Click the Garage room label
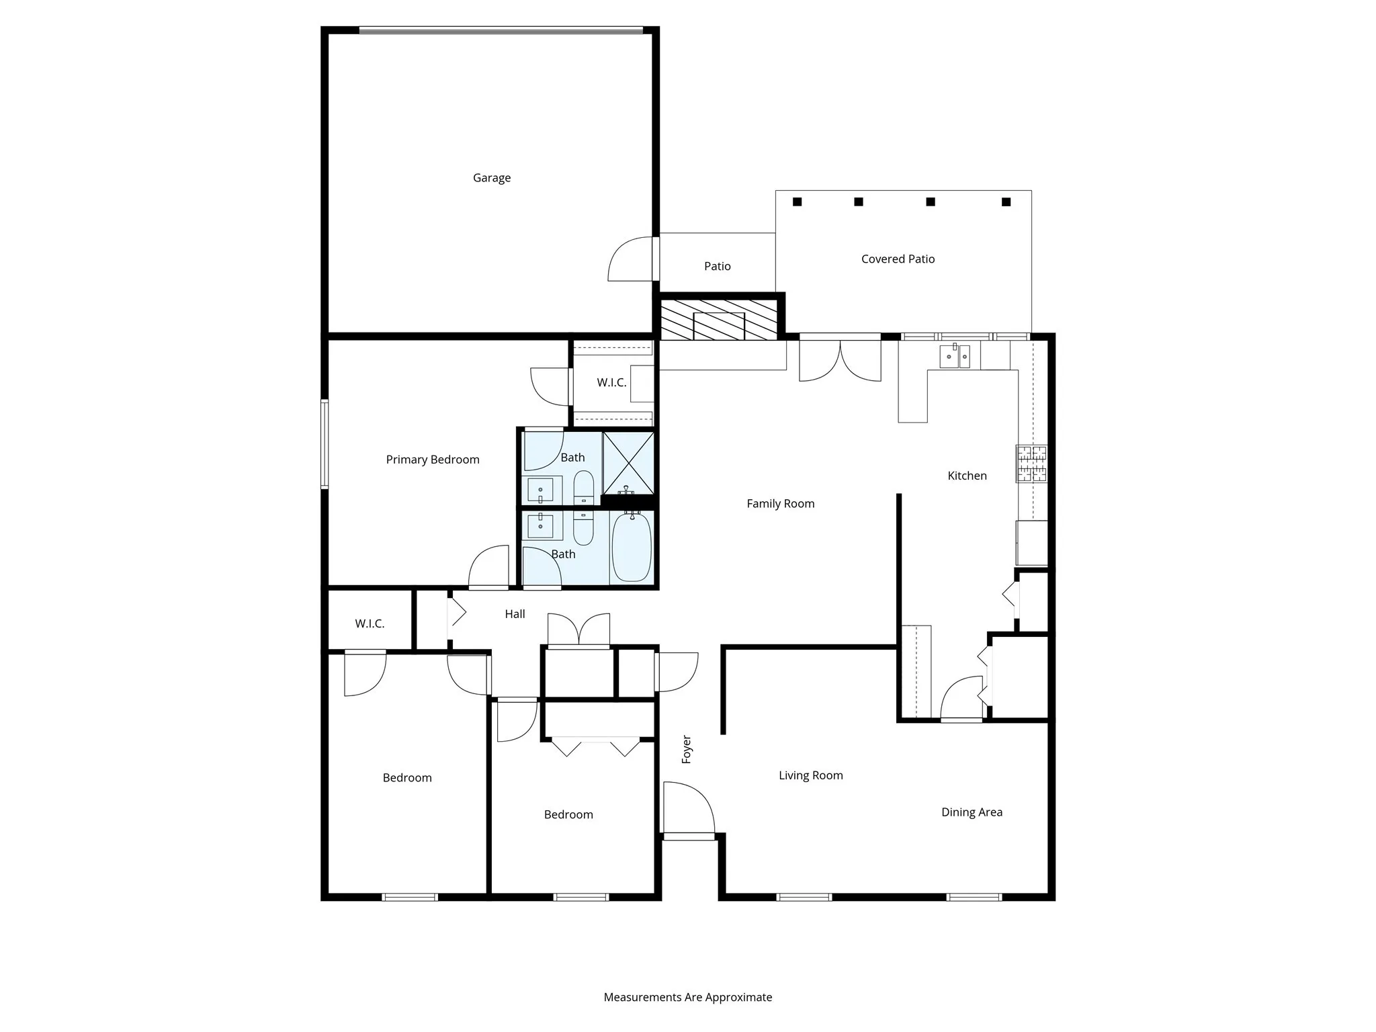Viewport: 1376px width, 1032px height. click(x=491, y=178)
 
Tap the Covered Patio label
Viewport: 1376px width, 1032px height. click(x=898, y=259)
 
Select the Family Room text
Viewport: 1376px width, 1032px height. click(x=780, y=504)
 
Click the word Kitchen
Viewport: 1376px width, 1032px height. click(x=967, y=476)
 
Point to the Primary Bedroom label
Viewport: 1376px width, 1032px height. click(x=433, y=460)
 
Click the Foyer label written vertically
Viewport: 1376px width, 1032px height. click(x=687, y=749)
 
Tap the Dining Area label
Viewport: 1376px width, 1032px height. click(x=972, y=812)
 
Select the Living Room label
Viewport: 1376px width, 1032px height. click(x=810, y=775)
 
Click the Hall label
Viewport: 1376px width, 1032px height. click(x=515, y=614)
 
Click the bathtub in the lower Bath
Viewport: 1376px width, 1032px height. click(x=632, y=547)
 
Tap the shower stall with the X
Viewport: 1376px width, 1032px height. click(x=628, y=464)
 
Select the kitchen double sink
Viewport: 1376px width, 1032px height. click(x=955, y=355)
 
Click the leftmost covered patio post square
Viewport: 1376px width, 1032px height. click(x=797, y=202)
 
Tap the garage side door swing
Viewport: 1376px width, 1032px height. click(x=630, y=260)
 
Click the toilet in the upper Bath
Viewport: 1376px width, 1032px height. click(x=583, y=486)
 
